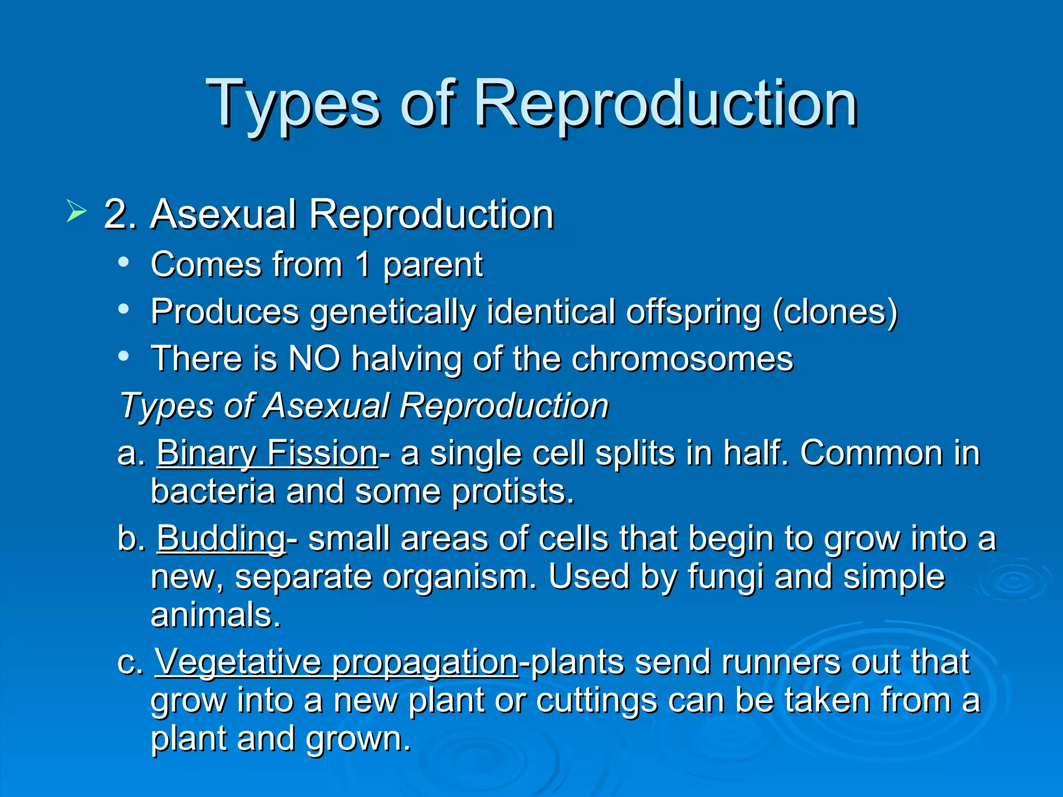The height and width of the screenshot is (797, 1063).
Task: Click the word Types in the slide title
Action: (x=294, y=104)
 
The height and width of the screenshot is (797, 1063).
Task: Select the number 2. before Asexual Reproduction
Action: (x=120, y=214)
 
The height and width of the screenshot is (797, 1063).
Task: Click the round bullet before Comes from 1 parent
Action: (x=123, y=263)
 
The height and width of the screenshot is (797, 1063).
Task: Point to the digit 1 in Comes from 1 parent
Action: (x=363, y=265)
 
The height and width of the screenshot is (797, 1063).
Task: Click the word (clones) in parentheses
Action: (x=835, y=312)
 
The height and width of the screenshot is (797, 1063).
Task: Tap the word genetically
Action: (x=392, y=312)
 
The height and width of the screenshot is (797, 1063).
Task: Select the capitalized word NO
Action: (x=314, y=359)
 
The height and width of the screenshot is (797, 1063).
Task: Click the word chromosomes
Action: (x=682, y=359)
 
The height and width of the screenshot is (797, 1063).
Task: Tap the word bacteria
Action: (x=212, y=491)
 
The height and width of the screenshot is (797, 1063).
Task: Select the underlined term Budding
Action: (x=221, y=539)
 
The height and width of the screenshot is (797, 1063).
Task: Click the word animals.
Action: (x=215, y=615)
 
